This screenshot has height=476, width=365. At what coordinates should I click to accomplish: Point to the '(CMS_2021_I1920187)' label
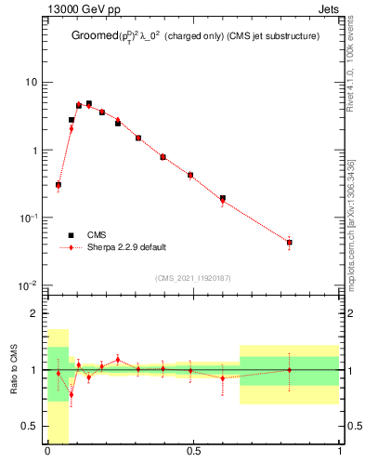[191, 278]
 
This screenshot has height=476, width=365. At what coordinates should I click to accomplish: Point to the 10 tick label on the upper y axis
[31, 83]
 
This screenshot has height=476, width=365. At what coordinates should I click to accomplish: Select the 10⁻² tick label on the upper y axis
[28, 285]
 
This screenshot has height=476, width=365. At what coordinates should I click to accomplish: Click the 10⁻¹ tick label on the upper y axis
[28, 218]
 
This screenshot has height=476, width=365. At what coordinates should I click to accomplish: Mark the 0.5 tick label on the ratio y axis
[31, 426]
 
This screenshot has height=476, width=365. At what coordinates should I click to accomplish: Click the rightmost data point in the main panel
[290, 243]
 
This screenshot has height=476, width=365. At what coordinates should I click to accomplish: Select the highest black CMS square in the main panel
[89, 104]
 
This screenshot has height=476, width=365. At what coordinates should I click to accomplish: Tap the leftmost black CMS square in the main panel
[59, 185]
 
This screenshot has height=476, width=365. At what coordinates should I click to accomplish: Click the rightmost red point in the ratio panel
[290, 369]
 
